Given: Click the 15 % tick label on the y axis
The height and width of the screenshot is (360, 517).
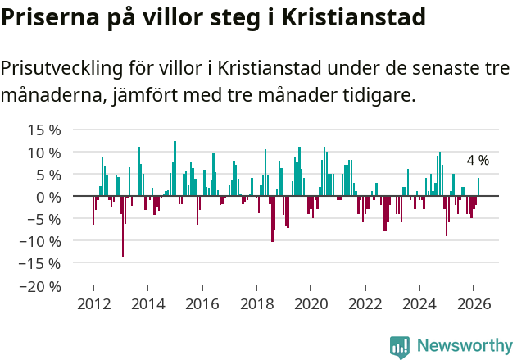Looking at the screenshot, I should (44, 130).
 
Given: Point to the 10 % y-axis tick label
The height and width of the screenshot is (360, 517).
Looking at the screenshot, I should (44, 153).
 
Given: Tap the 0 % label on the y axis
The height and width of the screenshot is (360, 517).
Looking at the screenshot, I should (48, 197).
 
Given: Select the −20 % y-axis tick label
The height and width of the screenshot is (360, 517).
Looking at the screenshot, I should (41, 286).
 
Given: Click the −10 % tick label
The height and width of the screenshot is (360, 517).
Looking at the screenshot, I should (41, 242).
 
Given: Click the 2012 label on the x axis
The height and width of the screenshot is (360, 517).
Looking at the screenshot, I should (93, 303).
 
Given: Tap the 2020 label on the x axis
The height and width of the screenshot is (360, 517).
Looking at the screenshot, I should (311, 303).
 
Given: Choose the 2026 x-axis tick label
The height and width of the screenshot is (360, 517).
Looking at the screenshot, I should (474, 303).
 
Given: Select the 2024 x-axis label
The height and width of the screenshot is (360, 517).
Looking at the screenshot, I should (419, 303).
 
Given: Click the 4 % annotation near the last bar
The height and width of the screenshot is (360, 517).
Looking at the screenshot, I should (478, 161).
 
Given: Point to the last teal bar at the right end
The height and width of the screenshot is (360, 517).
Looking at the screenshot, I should (478, 188).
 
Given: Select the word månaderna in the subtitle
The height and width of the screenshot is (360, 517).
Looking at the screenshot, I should (48, 96).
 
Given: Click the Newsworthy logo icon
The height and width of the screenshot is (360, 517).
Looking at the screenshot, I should (400, 346).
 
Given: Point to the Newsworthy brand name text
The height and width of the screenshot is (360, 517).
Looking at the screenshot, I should (465, 346).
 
